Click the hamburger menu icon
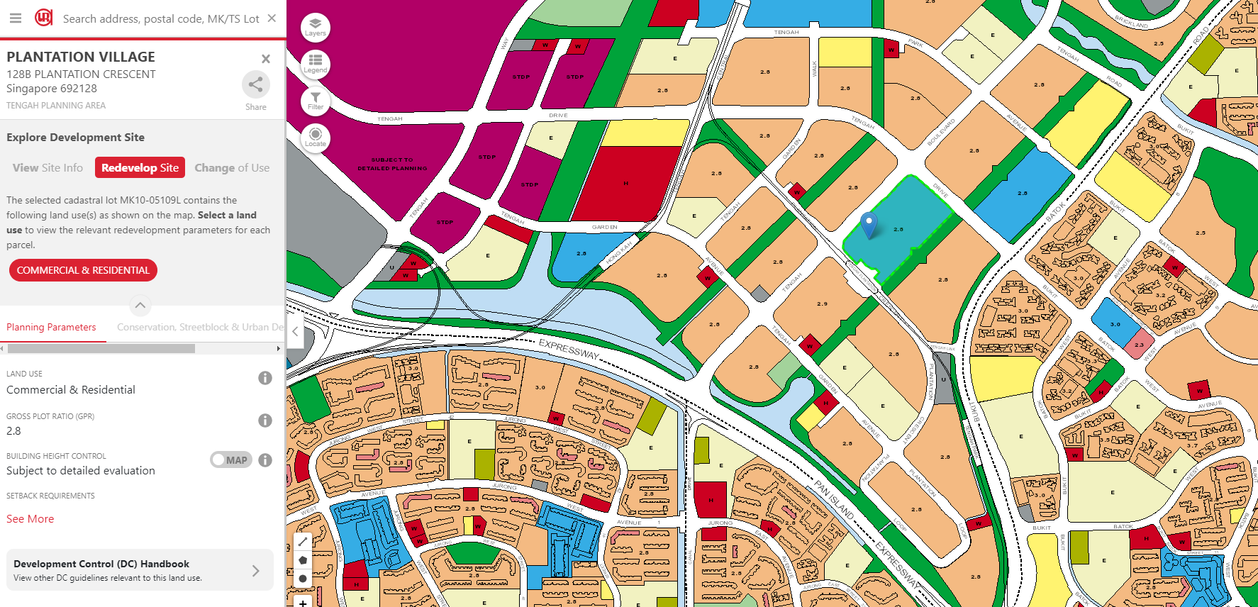click(x=15, y=18)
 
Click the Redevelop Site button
click(x=140, y=168)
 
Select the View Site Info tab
click(x=48, y=168)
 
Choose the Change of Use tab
click(x=232, y=168)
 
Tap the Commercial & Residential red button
click(x=83, y=270)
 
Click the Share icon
click(x=255, y=85)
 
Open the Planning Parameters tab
click(x=51, y=327)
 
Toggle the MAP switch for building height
click(x=230, y=460)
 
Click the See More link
click(x=30, y=519)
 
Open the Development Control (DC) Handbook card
click(x=140, y=570)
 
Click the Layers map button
click(x=316, y=27)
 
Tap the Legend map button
click(x=316, y=64)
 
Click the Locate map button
click(x=316, y=137)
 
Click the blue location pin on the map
click(x=869, y=223)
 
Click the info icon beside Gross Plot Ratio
click(x=265, y=421)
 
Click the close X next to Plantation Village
click(x=266, y=59)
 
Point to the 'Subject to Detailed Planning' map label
click(x=392, y=164)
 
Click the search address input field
click(x=160, y=18)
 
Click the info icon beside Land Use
click(x=265, y=378)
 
